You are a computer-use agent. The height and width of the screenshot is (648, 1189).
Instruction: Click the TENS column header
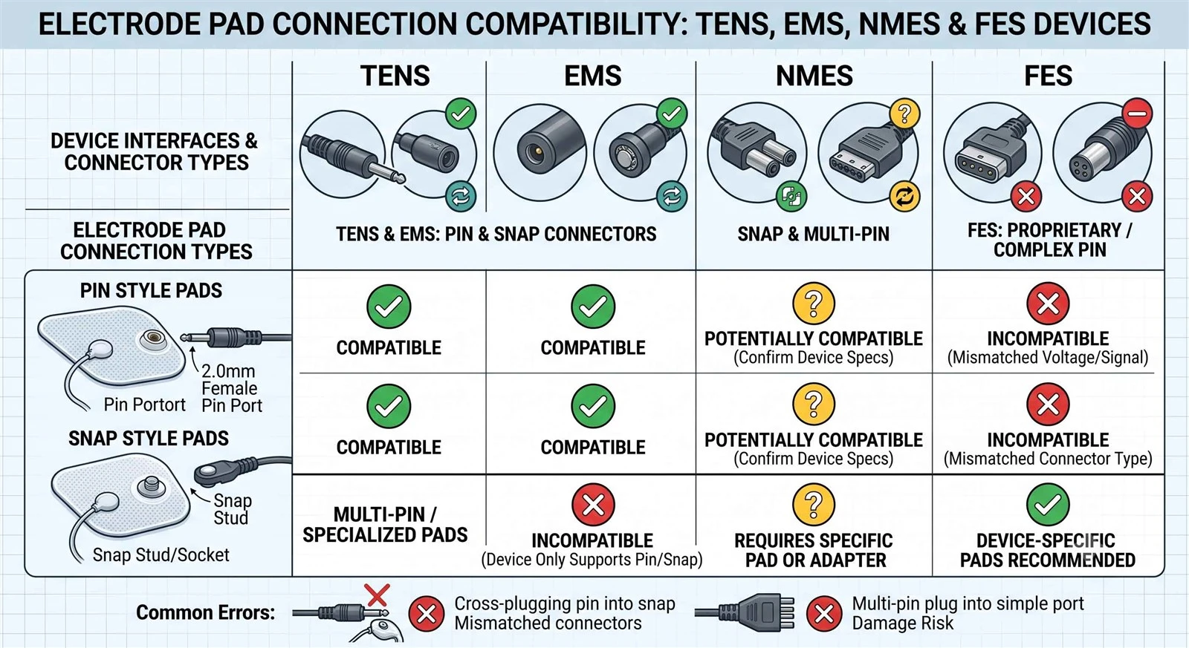click(x=395, y=76)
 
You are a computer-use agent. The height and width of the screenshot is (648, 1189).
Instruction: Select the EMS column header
click(x=592, y=76)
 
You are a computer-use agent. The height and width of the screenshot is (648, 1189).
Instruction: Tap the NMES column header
click(x=814, y=76)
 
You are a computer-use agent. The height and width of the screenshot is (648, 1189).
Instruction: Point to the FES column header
click(x=1048, y=76)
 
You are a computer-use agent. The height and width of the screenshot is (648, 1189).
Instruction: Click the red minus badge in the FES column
click(x=1138, y=114)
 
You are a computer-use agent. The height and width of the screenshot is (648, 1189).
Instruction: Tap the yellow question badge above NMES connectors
click(x=904, y=114)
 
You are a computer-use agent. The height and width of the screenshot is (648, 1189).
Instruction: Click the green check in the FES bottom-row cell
click(x=1048, y=504)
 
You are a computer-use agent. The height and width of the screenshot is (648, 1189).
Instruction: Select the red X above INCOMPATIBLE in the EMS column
click(x=593, y=504)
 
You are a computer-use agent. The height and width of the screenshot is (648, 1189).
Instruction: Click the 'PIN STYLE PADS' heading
click(x=152, y=290)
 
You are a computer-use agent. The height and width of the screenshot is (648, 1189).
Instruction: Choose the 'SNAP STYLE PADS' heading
click(x=149, y=439)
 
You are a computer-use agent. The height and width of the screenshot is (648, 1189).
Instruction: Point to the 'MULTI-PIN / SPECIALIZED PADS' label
click(x=385, y=525)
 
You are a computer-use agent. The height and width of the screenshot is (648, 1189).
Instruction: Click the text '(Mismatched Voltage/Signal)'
click(x=1048, y=358)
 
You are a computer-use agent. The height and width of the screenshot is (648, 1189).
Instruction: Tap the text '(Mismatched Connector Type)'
click(x=1048, y=459)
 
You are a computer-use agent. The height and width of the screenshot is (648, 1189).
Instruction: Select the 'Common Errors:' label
click(x=205, y=612)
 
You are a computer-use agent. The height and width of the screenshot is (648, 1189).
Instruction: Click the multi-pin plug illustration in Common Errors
click(x=745, y=613)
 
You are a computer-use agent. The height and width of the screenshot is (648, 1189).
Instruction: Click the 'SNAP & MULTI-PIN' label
click(x=813, y=234)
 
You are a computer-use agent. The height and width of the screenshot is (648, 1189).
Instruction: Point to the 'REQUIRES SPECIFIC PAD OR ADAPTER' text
click(x=814, y=551)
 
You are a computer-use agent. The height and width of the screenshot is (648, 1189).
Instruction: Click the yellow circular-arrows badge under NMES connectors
click(x=904, y=197)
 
